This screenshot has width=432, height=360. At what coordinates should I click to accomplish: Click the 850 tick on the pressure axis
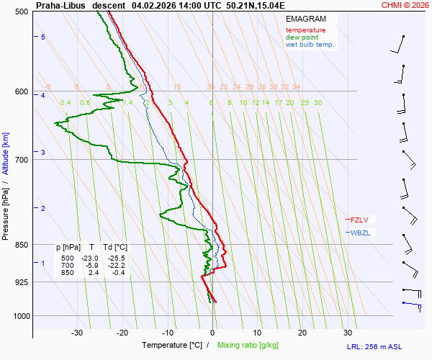coord(22,245)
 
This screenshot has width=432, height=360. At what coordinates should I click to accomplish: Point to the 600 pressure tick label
coord(22,91)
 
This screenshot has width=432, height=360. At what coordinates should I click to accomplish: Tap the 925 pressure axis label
coord(22,282)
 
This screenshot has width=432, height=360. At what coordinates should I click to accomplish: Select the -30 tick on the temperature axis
coord(77,332)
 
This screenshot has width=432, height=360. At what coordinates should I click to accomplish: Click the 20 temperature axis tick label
coord(302,332)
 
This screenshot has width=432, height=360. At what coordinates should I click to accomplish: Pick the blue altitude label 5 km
coord(43,37)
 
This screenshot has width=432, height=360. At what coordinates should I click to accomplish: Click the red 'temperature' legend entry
coord(305,30)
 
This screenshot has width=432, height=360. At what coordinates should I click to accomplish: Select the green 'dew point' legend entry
coord(302,37)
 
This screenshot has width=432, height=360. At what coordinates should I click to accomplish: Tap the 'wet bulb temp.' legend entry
coord(310,45)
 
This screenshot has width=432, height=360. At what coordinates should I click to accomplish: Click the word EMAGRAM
coord(305,19)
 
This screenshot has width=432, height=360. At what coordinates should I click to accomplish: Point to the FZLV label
coord(361,220)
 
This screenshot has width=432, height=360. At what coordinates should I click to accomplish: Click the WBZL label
coord(361,233)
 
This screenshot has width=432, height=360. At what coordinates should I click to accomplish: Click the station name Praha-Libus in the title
coord(60,5)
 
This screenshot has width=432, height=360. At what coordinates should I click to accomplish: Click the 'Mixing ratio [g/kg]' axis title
coord(248,346)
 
